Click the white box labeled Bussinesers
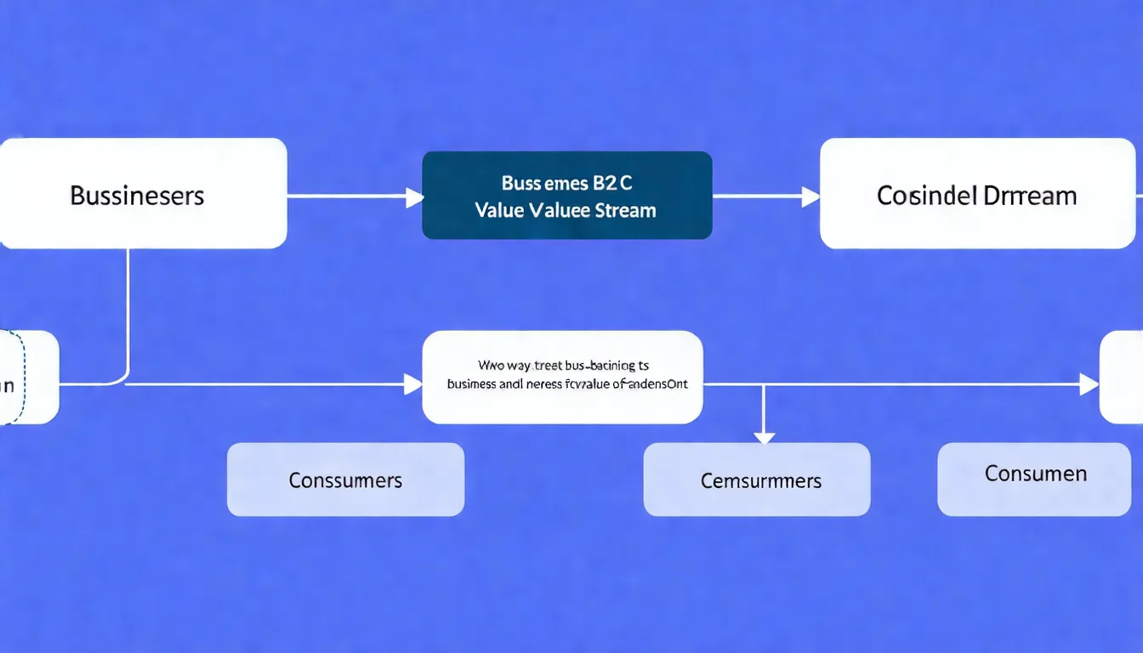click(x=142, y=194)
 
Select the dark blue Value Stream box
click(x=566, y=196)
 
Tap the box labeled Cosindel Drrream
click(x=976, y=194)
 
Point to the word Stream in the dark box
click(x=626, y=210)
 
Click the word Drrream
click(x=1030, y=196)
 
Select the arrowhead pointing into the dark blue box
click(x=414, y=197)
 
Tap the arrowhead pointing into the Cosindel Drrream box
click(x=810, y=197)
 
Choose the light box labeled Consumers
click(x=345, y=480)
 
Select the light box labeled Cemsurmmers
click(x=757, y=480)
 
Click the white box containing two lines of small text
click(x=562, y=377)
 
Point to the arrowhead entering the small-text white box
click(x=413, y=384)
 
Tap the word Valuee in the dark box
click(x=560, y=210)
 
